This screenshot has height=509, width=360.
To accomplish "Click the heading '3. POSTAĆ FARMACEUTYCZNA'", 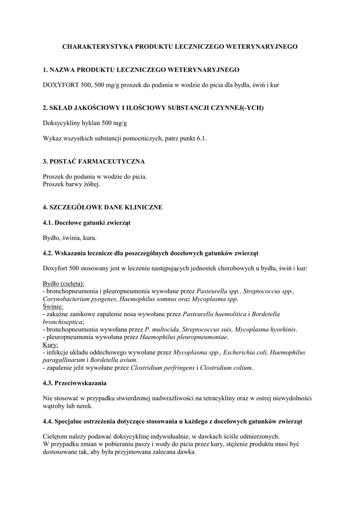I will (94, 162).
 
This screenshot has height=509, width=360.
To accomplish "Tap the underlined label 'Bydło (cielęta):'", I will (64, 283).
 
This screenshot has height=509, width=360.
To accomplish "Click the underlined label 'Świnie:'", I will (54, 307).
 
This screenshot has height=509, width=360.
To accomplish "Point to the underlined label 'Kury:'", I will (51, 344).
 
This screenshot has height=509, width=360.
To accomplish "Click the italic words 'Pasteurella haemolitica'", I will (214, 314).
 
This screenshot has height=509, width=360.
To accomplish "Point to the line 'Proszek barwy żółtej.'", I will (72, 184).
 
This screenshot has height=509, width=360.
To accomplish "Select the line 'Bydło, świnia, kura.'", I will (70, 237).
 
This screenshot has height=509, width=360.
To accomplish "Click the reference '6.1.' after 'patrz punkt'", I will (200, 139).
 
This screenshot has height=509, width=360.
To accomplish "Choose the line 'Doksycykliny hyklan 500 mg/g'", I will (82, 123).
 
